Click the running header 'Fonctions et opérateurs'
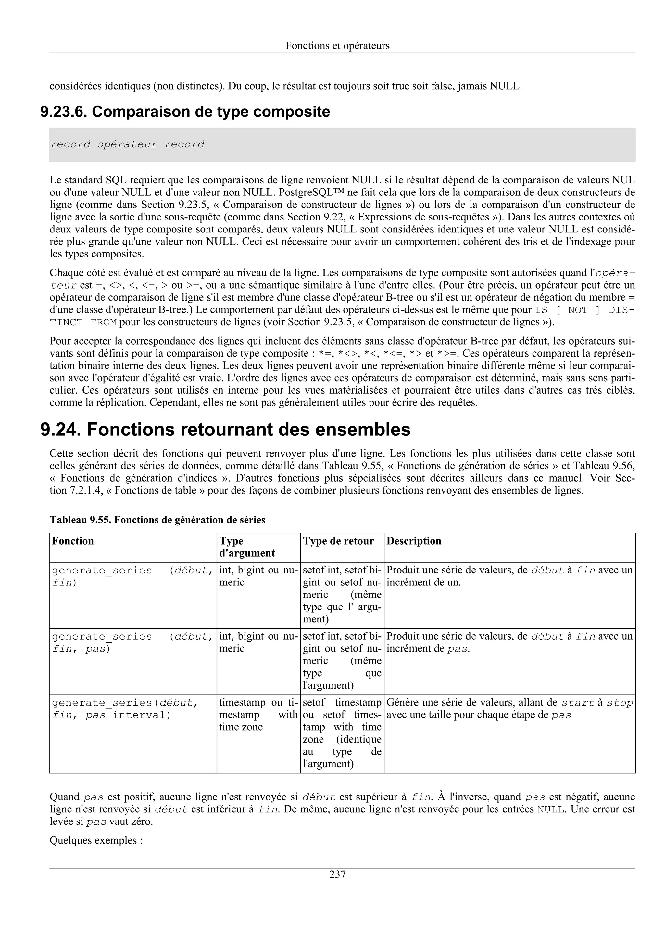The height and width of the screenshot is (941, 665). point(337,45)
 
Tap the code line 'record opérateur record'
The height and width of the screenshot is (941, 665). point(127,144)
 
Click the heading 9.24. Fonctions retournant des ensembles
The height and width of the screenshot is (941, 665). point(225,430)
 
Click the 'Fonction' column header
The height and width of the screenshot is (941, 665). point(73,541)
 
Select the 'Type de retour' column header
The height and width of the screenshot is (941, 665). point(338,541)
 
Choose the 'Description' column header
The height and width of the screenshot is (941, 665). point(414,541)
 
